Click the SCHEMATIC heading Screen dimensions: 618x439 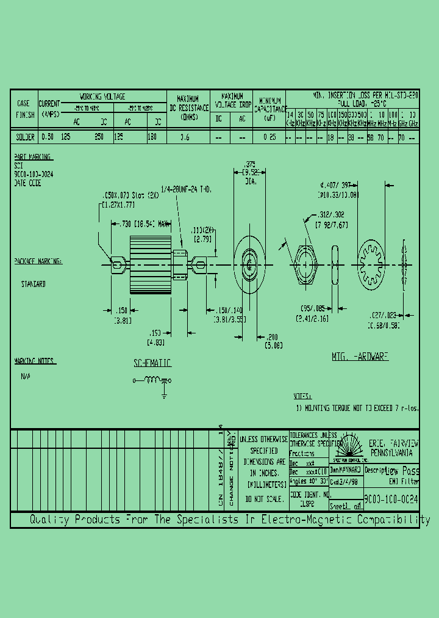click(152, 363)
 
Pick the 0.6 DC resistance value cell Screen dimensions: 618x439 click(185, 137)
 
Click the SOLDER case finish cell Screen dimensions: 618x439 click(24, 137)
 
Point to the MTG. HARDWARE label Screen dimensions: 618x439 click(360, 356)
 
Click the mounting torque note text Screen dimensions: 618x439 click(357, 408)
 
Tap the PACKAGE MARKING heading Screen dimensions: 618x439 click(38, 261)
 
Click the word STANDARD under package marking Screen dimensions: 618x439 click(34, 285)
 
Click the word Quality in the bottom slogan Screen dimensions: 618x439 click(50, 520)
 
